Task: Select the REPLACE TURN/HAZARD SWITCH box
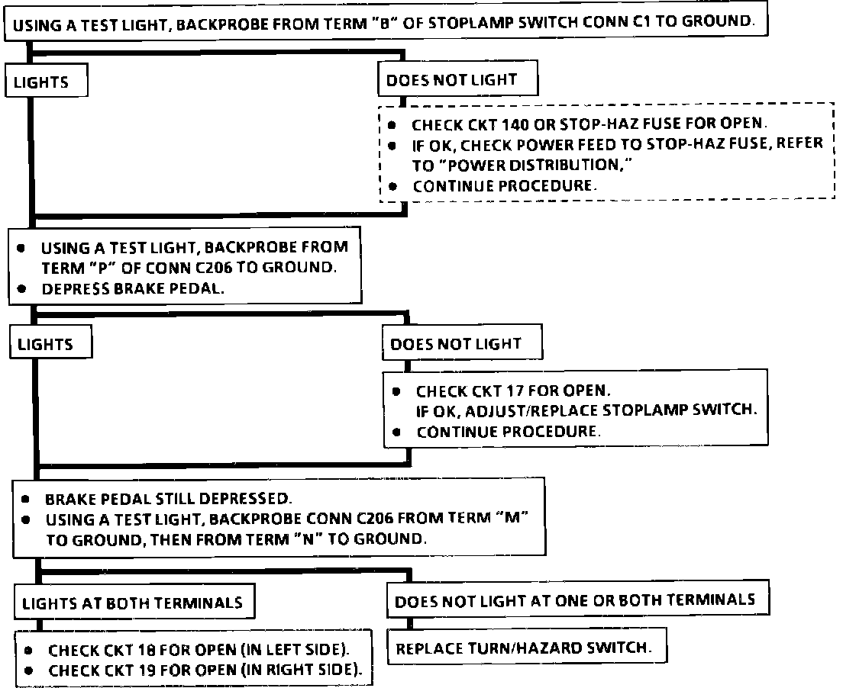pyautogui.click(x=524, y=649)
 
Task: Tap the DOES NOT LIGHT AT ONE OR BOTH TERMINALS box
pyautogui.click(x=575, y=600)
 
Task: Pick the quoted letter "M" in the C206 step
pyautogui.click(x=509, y=519)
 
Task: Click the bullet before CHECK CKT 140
pyautogui.click(x=392, y=124)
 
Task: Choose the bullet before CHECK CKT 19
pyautogui.click(x=28, y=671)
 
